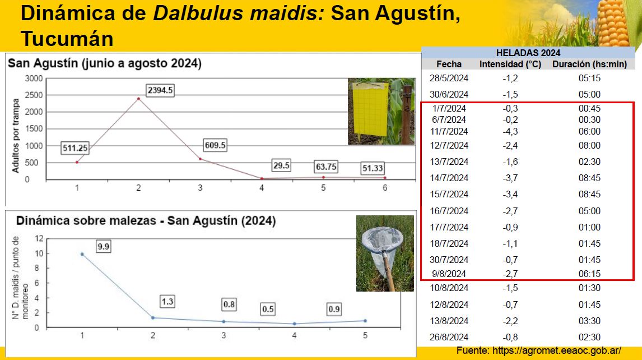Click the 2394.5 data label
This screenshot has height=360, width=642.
[160, 90]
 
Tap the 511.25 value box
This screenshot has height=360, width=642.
[75, 148]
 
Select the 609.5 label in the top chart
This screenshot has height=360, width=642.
[215, 145]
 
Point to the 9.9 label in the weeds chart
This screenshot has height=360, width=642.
[103, 246]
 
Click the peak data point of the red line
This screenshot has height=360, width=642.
[138, 99]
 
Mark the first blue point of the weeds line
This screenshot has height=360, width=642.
[82, 254]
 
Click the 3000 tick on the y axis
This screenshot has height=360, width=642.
[34, 79]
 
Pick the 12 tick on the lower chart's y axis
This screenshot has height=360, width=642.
[39, 239]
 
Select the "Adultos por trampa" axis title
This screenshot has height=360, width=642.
[16, 136]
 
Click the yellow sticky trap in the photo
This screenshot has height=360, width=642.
[370, 109]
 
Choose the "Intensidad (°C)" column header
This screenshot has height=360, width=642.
[510, 64]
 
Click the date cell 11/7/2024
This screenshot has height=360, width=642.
[449, 132]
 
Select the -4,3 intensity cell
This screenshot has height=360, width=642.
[510, 132]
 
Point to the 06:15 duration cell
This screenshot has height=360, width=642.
[589, 274]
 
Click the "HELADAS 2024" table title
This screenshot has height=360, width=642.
[528, 53]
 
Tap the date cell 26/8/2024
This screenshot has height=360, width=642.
[449, 338]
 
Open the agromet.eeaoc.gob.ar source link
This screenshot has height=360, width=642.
[557, 350]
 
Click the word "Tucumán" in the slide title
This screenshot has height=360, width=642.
[67, 39]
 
